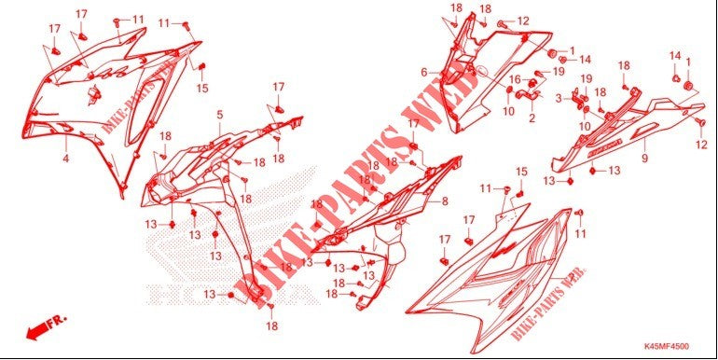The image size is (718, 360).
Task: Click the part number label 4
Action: pos(65,159)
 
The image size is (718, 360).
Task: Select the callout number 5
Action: pos(220,115)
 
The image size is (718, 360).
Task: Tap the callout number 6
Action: pos(423,72)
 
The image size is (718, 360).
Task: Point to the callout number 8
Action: pos(445,201)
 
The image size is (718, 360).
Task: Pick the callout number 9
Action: pos(643,159)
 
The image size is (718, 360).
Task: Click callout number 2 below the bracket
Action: pos(532,118)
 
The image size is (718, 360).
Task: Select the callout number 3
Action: pos(559,97)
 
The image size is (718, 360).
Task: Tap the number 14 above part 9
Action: pos(674,58)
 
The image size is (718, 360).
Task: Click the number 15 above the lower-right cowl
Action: pos(521,172)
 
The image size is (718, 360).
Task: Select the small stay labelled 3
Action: pos(577,96)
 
